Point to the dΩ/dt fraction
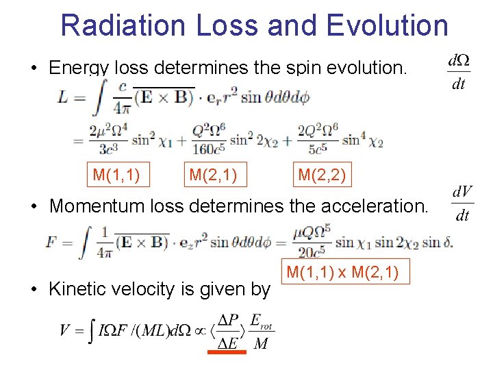pos(457,72)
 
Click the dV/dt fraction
pos(462,203)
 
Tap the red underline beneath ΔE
pos(227,352)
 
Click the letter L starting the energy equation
pos(63,98)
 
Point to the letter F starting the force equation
pos(52,243)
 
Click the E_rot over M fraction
pos(261,332)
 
